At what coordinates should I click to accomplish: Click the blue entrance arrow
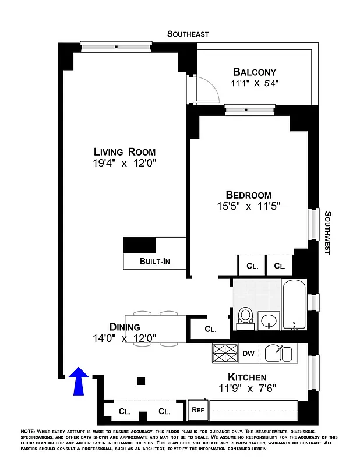[x=79, y=380]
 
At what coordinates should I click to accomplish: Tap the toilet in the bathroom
[x=245, y=315]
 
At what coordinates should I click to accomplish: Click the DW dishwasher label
[x=248, y=353]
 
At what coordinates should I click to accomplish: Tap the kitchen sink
[x=278, y=352]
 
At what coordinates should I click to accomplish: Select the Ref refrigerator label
[x=197, y=409]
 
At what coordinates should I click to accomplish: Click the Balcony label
[x=254, y=72]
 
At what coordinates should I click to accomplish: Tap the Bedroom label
[x=249, y=195]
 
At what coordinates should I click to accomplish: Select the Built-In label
[x=154, y=262]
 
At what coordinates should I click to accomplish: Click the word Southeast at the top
[x=188, y=34]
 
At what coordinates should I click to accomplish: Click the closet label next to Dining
[x=210, y=329]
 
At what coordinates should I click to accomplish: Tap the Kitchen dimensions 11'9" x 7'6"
[x=247, y=389]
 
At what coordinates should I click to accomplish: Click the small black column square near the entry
[x=141, y=381]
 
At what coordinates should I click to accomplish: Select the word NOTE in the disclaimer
[x=27, y=431]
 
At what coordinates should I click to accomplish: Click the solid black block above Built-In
[x=140, y=245]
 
